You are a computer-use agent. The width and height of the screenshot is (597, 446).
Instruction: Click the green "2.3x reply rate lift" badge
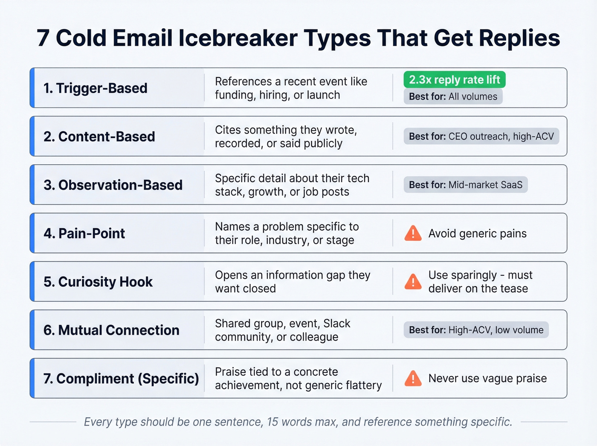click(454, 80)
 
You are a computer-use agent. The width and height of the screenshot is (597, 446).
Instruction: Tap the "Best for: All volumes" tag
click(453, 96)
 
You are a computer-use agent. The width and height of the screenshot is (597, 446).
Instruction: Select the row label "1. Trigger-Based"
click(95, 88)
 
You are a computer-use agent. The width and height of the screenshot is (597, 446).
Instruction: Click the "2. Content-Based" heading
click(99, 137)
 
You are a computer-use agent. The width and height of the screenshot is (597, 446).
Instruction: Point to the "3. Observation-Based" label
click(113, 185)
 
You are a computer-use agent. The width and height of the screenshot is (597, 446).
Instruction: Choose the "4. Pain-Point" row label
click(84, 233)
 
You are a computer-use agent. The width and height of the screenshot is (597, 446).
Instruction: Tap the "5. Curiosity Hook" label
click(98, 282)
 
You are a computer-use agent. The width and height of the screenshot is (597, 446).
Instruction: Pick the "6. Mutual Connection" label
click(111, 330)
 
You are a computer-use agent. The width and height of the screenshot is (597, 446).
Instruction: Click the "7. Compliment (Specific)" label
click(121, 379)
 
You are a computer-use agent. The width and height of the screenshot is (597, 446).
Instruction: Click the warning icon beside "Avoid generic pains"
click(413, 233)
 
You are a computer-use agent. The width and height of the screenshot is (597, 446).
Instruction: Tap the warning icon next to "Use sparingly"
click(413, 282)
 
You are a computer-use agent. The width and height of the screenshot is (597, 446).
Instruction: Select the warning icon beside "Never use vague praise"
click(413, 379)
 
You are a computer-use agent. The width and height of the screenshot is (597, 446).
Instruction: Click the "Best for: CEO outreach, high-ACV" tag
click(481, 137)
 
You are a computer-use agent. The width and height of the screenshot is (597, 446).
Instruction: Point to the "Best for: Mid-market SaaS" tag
click(465, 185)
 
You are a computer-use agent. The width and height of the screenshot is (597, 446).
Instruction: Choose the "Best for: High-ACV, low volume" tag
click(476, 330)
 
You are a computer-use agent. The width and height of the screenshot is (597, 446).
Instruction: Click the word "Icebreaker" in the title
click(238, 38)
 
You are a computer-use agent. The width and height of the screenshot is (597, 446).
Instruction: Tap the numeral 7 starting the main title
click(43, 38)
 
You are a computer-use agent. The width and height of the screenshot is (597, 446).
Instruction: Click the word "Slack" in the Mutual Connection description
click(336, 324)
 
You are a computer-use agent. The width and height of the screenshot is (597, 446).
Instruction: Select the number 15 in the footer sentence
click(272, 422)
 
